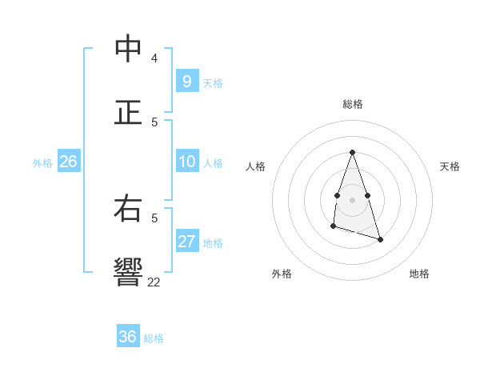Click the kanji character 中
(x=128, y=49)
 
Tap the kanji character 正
(x=128, y=112)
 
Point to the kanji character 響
(x=128, y=272)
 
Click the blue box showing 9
(x=186, y=81)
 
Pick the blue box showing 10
(x=186, y=162)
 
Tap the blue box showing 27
(x=186, y=242)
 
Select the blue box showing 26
(x=68, y=162)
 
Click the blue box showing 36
(x=127, y=337)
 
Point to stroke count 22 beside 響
(x=154, y=282)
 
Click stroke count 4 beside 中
(x=154, y=58)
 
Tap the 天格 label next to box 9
(x=213, y=82)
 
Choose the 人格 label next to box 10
(x=213, y=163)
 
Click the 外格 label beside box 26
(x=42, y=163)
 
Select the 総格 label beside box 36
(x=154, y=338)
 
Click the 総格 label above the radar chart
(x=352, y=104)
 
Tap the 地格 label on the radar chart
(x=419, y=274)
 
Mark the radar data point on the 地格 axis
(x=380, y=239)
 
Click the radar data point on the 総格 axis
(x=352, y=152)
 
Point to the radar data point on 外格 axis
(x=333, y=227)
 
